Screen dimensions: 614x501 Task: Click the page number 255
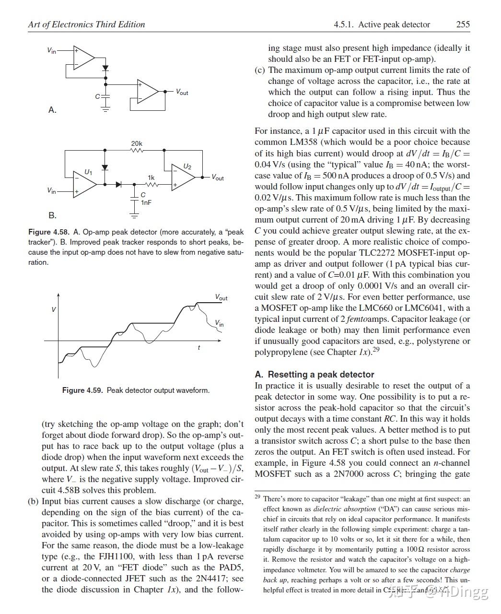(x=463, y=24)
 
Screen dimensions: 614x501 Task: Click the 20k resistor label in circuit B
(x=137, y=143)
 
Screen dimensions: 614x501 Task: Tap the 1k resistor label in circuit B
(x=151, y=178)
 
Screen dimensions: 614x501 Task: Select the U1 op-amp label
(x=89, y=172)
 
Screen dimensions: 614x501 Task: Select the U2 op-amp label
(x=187, y=166)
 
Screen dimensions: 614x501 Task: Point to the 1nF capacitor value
(x=146, y=203)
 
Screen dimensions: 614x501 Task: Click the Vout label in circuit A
(x=182, y=92)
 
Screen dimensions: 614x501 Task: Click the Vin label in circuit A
(x=51, y=50)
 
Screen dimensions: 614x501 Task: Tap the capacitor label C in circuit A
(x=97, y=96)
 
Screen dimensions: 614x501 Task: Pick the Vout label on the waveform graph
(x=221, y=298)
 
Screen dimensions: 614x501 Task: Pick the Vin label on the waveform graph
(x=219, y=323)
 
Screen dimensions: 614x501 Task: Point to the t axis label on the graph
(x=199, y=347)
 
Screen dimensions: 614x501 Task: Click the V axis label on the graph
(x=54, y=309)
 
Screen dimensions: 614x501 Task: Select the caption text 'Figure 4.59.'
(x=82, y=390)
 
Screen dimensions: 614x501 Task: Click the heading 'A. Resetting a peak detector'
(x=314, y=375)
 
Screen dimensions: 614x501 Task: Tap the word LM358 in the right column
(x=308, y=142)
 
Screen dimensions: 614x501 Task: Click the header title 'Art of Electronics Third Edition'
(x=86, y=24)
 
